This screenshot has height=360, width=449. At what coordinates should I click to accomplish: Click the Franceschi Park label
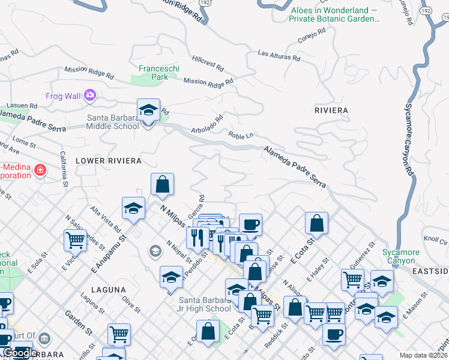[158, 73]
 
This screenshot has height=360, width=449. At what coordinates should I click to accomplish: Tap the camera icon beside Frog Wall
[90, 95]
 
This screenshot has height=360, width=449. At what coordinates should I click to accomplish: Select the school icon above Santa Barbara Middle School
[148, 110]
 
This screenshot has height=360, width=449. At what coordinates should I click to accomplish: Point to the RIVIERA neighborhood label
[331, 110]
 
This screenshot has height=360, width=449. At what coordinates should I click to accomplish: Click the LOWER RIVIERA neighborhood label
[109, 161]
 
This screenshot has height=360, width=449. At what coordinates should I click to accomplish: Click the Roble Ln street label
[240, 136]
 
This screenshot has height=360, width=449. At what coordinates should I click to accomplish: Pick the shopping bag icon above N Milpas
[162, 185]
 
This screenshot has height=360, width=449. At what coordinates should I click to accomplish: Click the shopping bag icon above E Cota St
[316, 224]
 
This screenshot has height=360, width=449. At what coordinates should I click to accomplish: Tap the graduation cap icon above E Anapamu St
[133, 209]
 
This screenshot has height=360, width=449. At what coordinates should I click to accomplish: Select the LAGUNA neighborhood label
[107, 289]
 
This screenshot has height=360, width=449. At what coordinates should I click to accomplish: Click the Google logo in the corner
[19, 353]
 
